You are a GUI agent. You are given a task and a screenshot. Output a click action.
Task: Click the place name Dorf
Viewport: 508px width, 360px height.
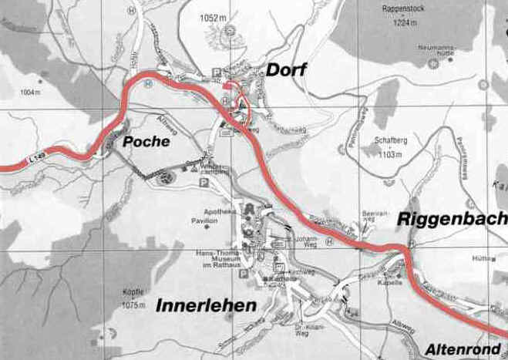[x=286, y=71]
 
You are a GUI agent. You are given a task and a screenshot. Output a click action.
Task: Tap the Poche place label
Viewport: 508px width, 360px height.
[x=145, y=143]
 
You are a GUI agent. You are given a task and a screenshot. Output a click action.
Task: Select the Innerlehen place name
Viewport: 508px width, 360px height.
[x=206, y=306]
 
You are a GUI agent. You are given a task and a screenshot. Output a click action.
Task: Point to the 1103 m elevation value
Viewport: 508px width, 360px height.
[x=389, y=154]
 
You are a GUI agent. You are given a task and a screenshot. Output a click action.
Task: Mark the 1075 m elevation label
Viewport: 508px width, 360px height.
[x=133, y=305]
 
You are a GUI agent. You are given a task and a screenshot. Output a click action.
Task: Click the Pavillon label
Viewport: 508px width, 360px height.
[x=207, y=220]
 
